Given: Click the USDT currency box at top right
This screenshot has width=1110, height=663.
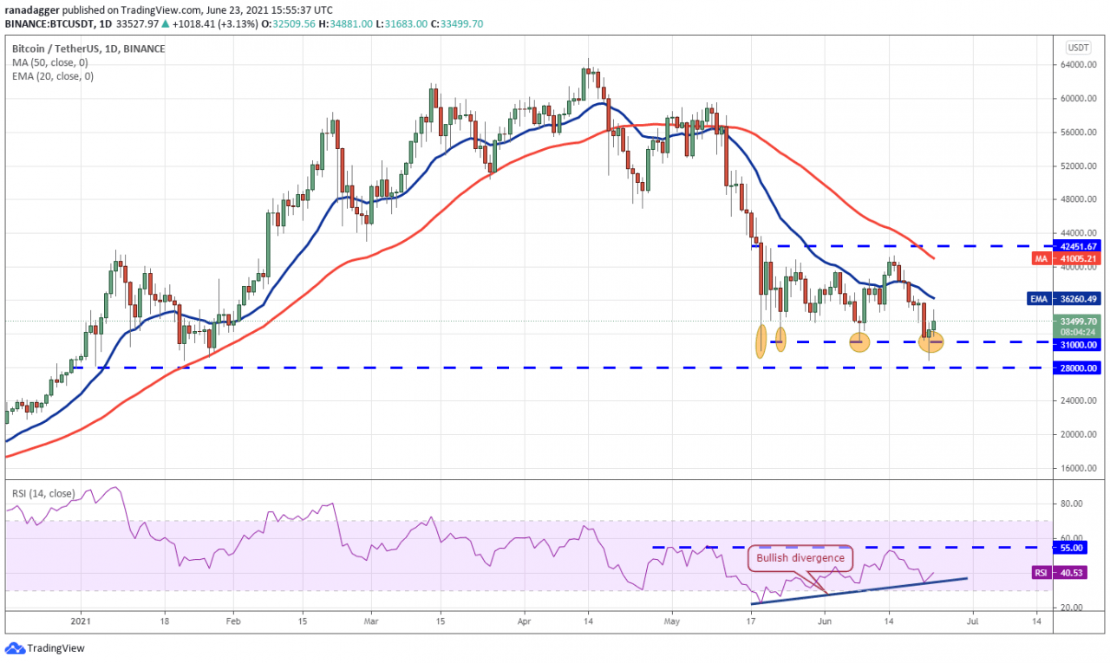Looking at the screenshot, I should coord(1078,47).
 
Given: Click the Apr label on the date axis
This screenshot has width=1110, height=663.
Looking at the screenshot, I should coord(523,621).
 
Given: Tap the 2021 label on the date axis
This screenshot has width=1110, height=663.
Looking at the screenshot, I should coord(81,621).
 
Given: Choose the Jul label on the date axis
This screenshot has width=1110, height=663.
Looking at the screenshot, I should coord(973,621).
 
